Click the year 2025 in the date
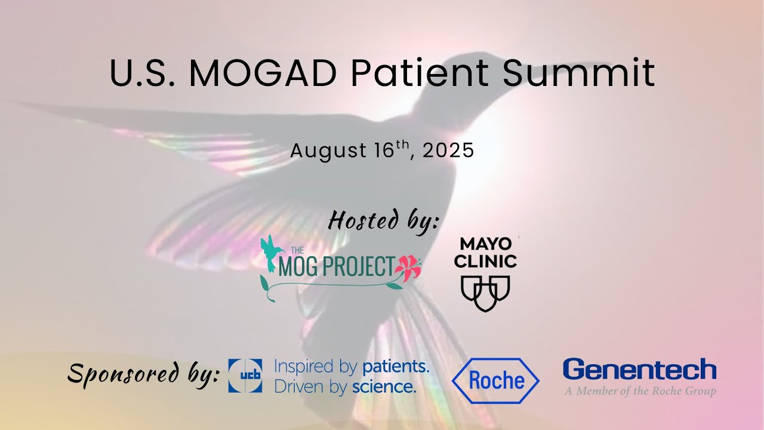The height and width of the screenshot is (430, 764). coord(448,150)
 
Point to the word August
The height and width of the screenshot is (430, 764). coord(328,151)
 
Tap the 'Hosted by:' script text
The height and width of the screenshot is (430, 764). coord(383,221)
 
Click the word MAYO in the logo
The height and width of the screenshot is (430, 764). coord(486,244)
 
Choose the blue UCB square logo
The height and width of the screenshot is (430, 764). coord(245,376)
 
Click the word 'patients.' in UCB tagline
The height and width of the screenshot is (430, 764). coord(396,365)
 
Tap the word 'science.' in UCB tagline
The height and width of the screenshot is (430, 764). coord(384,386)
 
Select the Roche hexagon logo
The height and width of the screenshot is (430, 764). coord(495,380)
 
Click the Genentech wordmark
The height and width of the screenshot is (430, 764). coord(639,370)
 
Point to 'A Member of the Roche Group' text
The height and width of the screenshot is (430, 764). coord(640,392)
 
